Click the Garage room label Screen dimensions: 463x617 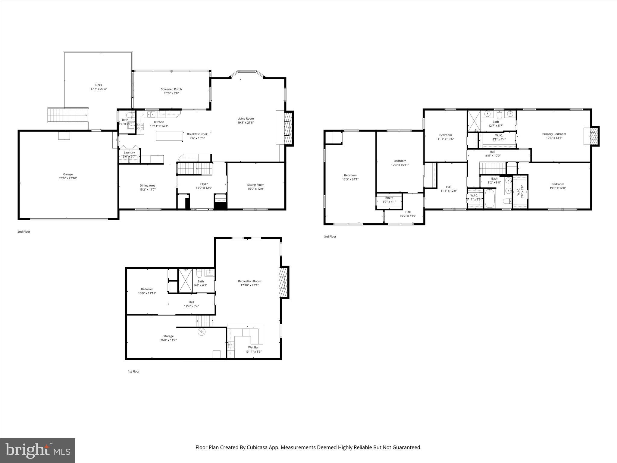[x=68, y=174]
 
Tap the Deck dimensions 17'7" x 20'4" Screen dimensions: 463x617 [x=99, y=89]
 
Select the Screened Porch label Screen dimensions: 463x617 [x=171, y=89]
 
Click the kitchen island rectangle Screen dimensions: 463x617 [x=170, y=136]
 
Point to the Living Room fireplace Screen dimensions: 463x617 [x=288, y=128]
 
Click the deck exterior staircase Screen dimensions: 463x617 [x=67, y=115]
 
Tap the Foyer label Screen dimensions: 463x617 [x=204, y=184]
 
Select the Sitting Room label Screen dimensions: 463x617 [x=256, y=185]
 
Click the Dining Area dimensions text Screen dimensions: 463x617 [x=147, y=190]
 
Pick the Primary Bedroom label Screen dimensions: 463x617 [x=554, y=134]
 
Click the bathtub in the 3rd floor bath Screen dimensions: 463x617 [x=490, y=198]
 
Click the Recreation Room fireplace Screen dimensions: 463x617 [x=283, y=282]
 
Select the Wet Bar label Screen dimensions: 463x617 [x=253, y=348]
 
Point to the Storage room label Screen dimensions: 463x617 [x=168, y=336]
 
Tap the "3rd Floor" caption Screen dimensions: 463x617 [x=330, y=237]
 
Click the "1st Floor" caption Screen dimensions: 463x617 [x=133, y=371]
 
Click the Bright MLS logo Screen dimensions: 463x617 [x=38, y=450]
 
